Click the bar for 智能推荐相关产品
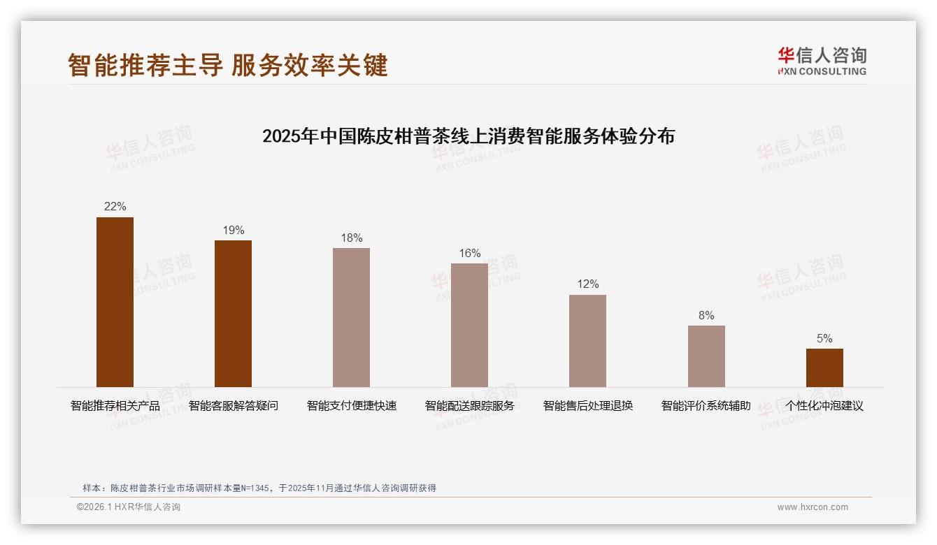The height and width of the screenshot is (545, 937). [115, 302]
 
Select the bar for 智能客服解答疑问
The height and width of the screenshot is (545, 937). [233, 314]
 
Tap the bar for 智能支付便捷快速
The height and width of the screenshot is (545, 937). [351, 317]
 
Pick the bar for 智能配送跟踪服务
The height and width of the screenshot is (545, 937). [469, 325]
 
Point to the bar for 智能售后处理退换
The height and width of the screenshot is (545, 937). [587, 341]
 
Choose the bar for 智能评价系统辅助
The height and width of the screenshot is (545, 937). [706, 356]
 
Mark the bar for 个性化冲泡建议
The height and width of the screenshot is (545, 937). [824, 368]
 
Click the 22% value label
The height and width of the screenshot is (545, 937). [115, 207]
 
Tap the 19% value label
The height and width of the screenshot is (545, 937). [233, 231]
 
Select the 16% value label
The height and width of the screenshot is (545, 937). [469, 254]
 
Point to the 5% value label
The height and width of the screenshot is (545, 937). [824, 339]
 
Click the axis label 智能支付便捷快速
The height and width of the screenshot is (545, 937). [351, 406]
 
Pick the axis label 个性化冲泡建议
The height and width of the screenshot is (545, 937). [824, 406]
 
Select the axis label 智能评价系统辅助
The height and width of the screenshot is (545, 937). [706, 406]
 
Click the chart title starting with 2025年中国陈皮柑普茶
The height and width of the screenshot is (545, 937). [468, 136]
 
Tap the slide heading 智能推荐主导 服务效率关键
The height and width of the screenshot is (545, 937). [228, 65]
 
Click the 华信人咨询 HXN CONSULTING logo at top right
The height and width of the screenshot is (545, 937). [822, 61]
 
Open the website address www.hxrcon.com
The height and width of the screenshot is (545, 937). [813, 507]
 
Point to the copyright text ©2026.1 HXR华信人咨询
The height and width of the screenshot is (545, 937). [128, 507]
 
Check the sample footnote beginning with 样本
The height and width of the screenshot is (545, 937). [259, 488]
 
